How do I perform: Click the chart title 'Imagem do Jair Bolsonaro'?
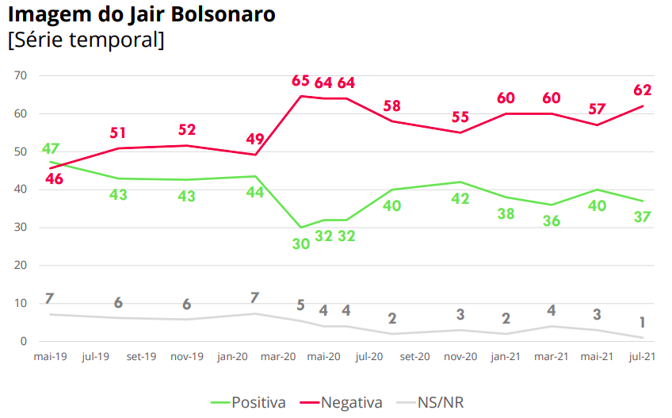point(142,15)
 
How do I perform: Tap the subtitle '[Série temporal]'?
point(86,40)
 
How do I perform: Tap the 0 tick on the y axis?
point(24,342)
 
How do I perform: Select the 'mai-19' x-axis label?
point(49,358)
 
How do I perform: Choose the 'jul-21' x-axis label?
point(641,358)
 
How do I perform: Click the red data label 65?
point(300,81)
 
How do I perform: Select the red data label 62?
point(642,90)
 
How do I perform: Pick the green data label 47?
point(51,149)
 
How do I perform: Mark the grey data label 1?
point(642,322)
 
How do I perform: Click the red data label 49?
point(255,139)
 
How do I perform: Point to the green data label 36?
point(551,221)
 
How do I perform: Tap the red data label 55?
point(460,117)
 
